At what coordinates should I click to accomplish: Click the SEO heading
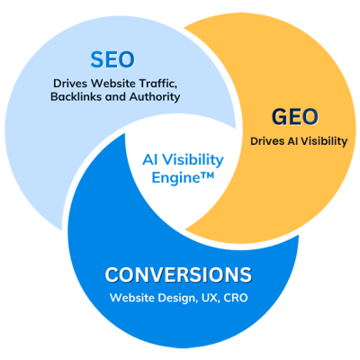point(112,59)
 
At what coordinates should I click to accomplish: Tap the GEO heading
point(295,117)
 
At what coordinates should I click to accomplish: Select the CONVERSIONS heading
point(178,274)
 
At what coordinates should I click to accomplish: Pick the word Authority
point(155,97)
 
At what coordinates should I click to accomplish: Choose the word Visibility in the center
point(195,159)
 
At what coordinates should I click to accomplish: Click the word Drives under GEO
point(265,141)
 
